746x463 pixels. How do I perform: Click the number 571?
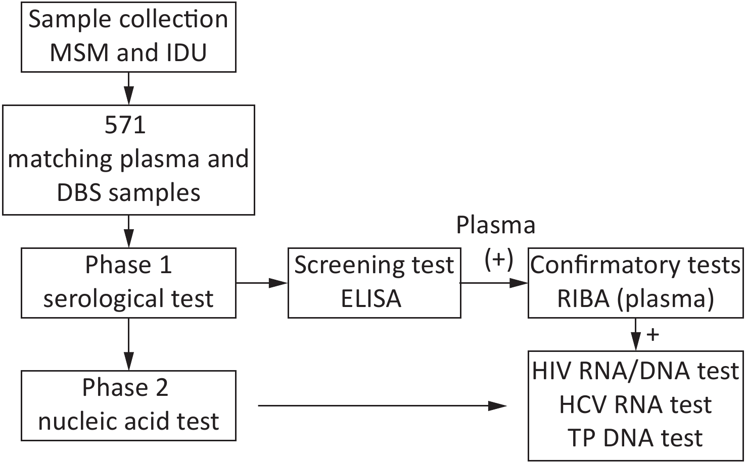125,125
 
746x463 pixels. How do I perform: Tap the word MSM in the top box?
79,53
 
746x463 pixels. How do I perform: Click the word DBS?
79,192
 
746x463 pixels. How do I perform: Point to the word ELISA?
371,298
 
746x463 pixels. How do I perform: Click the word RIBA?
583,298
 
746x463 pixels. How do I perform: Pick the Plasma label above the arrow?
495,226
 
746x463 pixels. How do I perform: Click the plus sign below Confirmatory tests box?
652,334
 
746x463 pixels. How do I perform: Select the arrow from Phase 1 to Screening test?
262,283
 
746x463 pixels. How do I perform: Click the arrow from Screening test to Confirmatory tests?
494,283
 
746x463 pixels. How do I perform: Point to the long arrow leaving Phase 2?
382,406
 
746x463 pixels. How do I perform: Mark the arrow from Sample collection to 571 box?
128,88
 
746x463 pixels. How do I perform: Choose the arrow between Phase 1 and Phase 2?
128,344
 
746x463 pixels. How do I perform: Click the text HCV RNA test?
635,405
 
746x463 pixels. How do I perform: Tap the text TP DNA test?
635,438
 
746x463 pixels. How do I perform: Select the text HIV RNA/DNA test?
635,371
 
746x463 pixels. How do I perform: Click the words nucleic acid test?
128,421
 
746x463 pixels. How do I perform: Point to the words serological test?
128,299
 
